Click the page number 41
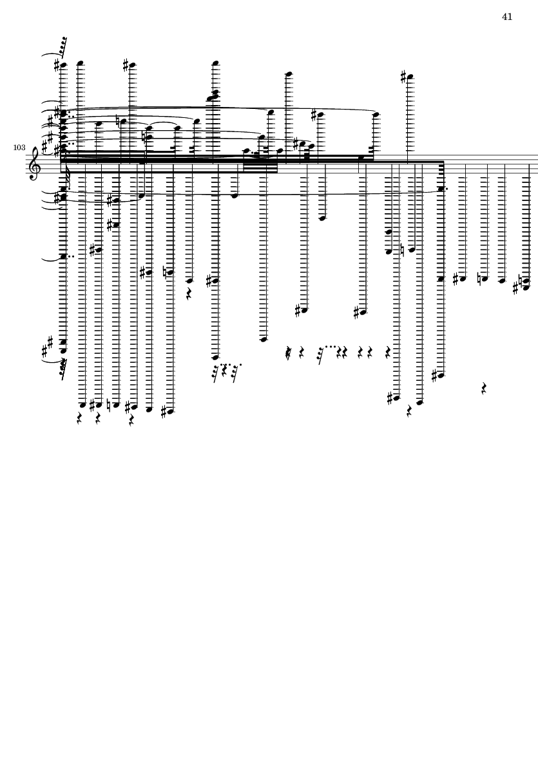click(507, 17)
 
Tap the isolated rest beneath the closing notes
click(484, 388)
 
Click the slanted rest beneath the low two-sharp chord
click(63, 369)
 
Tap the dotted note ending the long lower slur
click(441, 189)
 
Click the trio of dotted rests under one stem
click(225, 372)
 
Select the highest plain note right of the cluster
click(289, 74)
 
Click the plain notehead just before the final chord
click(502, 280)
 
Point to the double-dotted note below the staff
click(64, 256)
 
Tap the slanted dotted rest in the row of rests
click(321, 353)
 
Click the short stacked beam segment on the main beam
click(260, 168)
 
